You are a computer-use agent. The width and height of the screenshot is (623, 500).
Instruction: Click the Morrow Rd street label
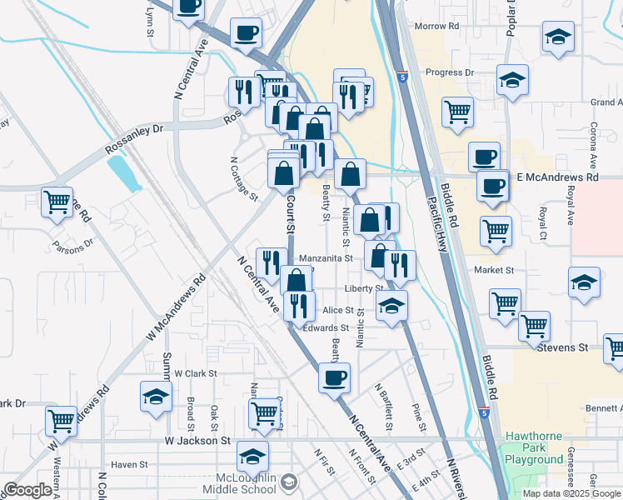click(437, 27)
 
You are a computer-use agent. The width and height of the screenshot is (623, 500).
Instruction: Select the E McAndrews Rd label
click(557, 177)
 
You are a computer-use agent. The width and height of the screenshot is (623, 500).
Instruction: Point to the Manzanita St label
click(326, 258)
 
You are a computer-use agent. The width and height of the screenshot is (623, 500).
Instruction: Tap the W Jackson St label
click(197, 440)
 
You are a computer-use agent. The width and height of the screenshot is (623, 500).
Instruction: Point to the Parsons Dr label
click(73, 247)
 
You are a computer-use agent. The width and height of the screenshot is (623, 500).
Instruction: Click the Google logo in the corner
click(27, 490)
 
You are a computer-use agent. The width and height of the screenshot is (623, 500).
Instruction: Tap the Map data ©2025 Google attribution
click(571, 493)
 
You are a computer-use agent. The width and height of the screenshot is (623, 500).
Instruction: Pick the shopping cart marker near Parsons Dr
click(57, 202)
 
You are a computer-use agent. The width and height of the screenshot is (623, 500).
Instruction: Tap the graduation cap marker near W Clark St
click(155, 397)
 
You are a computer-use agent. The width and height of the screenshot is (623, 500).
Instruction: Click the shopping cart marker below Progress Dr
click(457, 111)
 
